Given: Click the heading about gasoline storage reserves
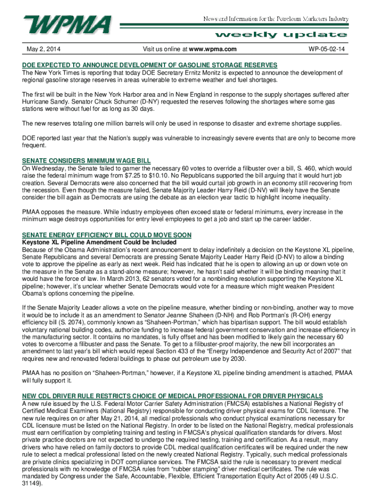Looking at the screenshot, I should pos(149,65).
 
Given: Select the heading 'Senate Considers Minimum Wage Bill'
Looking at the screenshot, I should pos(86,161).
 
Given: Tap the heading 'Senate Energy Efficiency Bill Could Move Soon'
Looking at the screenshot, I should pos(106,235).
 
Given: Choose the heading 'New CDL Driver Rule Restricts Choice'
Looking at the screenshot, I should pos(172,396).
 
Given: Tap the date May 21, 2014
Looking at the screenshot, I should pos(106,418).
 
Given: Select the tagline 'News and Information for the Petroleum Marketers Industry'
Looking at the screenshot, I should pos(276,19).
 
